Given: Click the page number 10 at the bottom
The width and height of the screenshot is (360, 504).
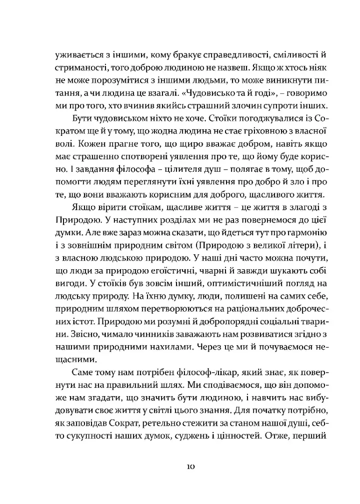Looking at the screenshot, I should click(189, 467).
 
